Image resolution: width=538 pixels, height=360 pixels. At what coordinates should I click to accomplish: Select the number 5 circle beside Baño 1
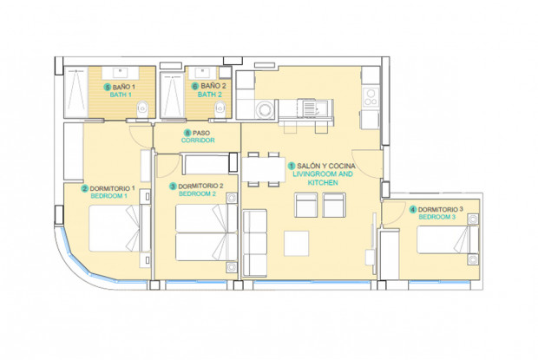(x=108, y=88)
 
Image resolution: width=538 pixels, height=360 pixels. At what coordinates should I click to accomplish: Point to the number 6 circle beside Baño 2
(x=194, y=87)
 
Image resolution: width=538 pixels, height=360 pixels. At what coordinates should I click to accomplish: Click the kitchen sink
(x=310, y=108)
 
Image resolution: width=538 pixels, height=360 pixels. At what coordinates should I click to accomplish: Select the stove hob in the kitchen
(x=371, y=96)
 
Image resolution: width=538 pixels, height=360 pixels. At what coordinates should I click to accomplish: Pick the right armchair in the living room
(x=334, y=205)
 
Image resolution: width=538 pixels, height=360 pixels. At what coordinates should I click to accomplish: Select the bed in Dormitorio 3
(x=445, y=239)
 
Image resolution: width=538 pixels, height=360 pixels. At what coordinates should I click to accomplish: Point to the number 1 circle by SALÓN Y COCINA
(x=291, y=165)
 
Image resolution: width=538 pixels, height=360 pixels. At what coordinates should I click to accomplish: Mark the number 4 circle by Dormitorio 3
(x=412, y=209)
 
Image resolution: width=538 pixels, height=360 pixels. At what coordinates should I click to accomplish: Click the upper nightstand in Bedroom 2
(x=231, y=199)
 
